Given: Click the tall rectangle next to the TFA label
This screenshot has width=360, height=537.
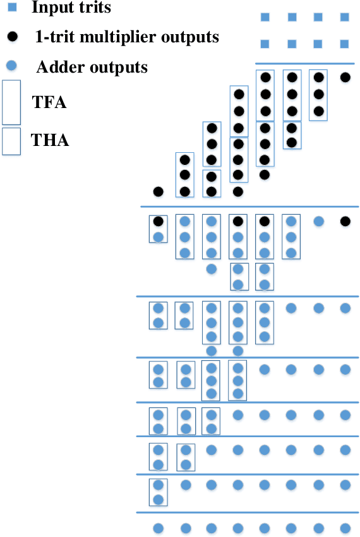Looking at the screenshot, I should (11, 102).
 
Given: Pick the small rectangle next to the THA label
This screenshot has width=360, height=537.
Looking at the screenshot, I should (11, 142).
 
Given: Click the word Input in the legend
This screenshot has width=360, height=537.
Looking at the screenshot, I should (49, 9).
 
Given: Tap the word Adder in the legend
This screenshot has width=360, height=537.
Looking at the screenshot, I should (56, 66).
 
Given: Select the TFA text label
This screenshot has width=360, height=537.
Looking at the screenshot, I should (49, 102).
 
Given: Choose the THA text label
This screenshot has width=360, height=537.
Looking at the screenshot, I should (51, 140).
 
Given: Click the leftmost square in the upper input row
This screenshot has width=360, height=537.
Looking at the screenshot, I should (265, 17).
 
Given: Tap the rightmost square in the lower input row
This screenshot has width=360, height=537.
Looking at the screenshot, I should (344, 44).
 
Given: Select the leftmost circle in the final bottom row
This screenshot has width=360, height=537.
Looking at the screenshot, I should (159, 528).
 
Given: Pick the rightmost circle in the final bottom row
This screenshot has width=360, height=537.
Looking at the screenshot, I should (345, 528).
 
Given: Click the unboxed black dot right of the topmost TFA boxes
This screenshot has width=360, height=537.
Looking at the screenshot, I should (345, 78).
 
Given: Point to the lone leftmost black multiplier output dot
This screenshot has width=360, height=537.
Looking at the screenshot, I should (159, 191).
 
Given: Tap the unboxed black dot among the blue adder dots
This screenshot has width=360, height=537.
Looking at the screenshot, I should (345, 222).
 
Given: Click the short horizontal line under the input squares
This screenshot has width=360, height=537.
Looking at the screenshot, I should (304, 63).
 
